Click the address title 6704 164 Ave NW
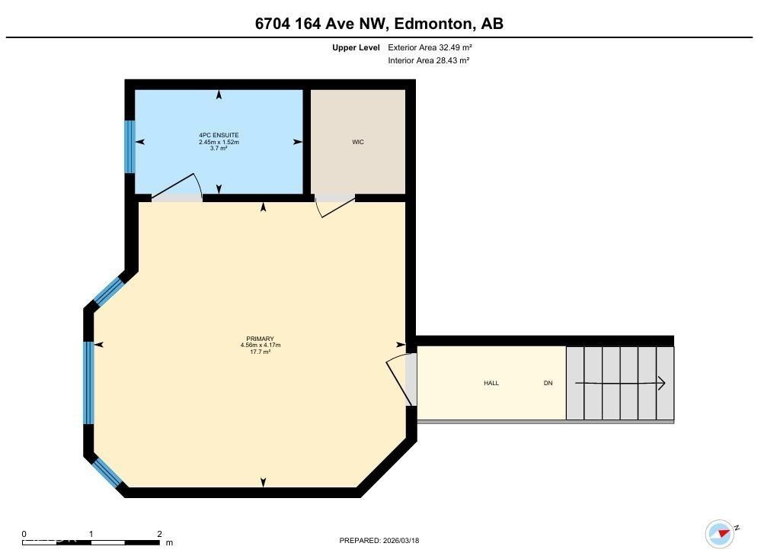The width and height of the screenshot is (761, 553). tap(379, 24)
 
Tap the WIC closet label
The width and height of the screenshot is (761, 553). tap(357, 143)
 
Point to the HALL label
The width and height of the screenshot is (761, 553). tap(491, 383)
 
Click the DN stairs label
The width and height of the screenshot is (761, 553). tap(548, 383)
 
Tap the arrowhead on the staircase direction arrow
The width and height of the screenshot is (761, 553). tap(662, 383)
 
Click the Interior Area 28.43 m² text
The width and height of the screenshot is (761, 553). tap(428, 60)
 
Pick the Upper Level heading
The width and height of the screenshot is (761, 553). tap(356, 47)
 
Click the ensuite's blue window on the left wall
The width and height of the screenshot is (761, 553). tap(129, 146)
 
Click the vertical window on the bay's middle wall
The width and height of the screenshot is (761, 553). tap(89, 383)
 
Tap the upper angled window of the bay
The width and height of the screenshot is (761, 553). tap(108, 291)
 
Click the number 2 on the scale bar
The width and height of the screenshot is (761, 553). tap(159, 534)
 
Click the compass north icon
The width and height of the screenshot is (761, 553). tap(719, 533)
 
